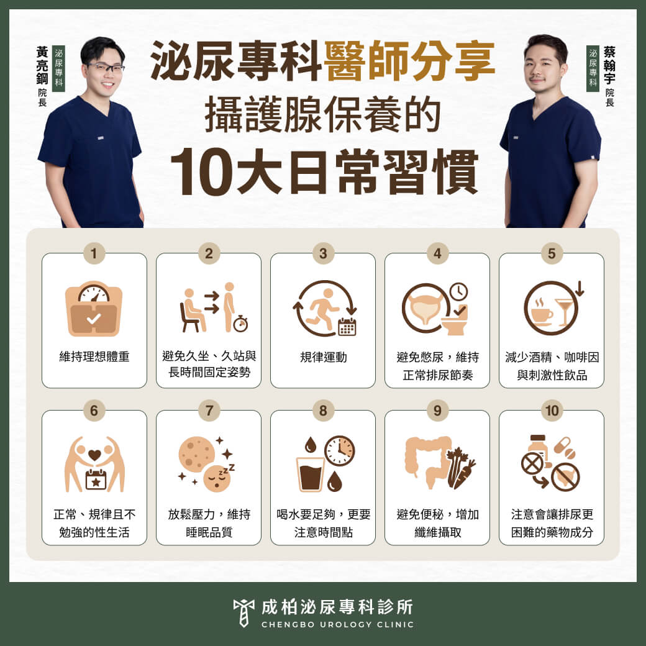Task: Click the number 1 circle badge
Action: tap(94, 253)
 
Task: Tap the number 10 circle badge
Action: tap(551, 410)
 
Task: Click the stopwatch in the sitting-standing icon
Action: tap(240, 324)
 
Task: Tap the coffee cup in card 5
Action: tap(541, 314)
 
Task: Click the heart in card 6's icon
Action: tap(94, 455)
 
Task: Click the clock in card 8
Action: tap(339, 450)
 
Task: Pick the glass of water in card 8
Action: tap(311, 475)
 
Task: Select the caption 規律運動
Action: tap(323, 357)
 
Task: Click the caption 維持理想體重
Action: tap(94, 357)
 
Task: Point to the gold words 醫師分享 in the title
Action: tap(409, 61)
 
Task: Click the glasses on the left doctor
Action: tap(105, 67)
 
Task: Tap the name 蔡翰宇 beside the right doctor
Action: tap(609, 66)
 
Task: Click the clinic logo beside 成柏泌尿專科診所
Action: tap(243, 612)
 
